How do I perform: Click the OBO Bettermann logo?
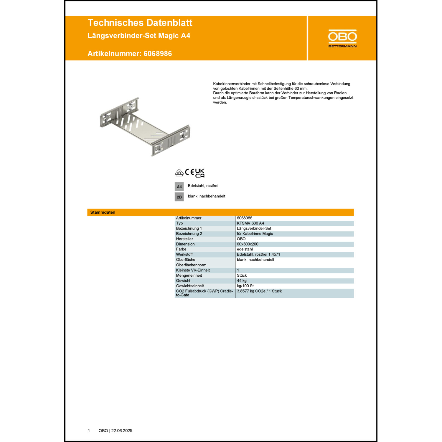tap(342, 38)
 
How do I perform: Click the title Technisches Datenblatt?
tap(140, 23)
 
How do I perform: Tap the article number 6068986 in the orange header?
tap(158, 54)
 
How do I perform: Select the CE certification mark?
tap(189, 172)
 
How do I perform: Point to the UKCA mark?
tap(200, 173)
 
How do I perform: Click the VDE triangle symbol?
tap(179, 173)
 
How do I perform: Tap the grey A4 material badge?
tap(179, 187)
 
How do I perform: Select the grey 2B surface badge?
tap(179, 197)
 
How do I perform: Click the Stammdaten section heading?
tap(103, 212)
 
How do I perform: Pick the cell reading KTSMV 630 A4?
tap(250, 223)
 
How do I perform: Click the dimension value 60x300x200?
tap(248, 244)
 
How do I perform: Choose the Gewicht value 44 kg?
tap(242, 281)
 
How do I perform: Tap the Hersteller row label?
tap(184, 239)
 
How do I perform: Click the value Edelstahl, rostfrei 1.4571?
tap(258, 254)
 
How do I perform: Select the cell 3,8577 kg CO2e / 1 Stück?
tap(259, 291)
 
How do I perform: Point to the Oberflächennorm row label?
tap(191, 265)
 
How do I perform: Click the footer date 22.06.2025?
tap(122, 431)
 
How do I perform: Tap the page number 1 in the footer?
tap(89, 431)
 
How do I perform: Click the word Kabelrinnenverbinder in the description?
tap(232, 84)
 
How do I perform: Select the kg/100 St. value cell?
tap(246, 286)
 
